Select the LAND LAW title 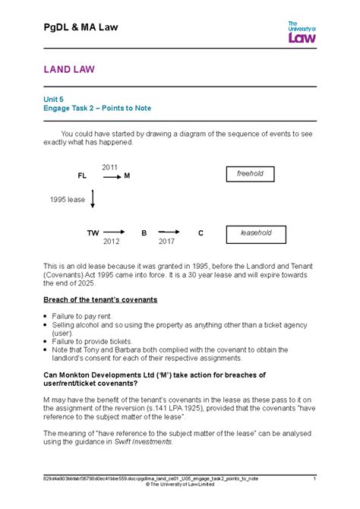click(68, 70)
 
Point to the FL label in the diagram click(82, 175)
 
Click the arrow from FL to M click(112, 175)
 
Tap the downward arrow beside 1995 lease click(93, 199)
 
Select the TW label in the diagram click(93, 232)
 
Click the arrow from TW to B click(113, 232)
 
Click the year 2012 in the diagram click(112, 242)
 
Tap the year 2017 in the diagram click(166, 242)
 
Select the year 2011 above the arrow click(109, 166)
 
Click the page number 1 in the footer click(314, 479)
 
